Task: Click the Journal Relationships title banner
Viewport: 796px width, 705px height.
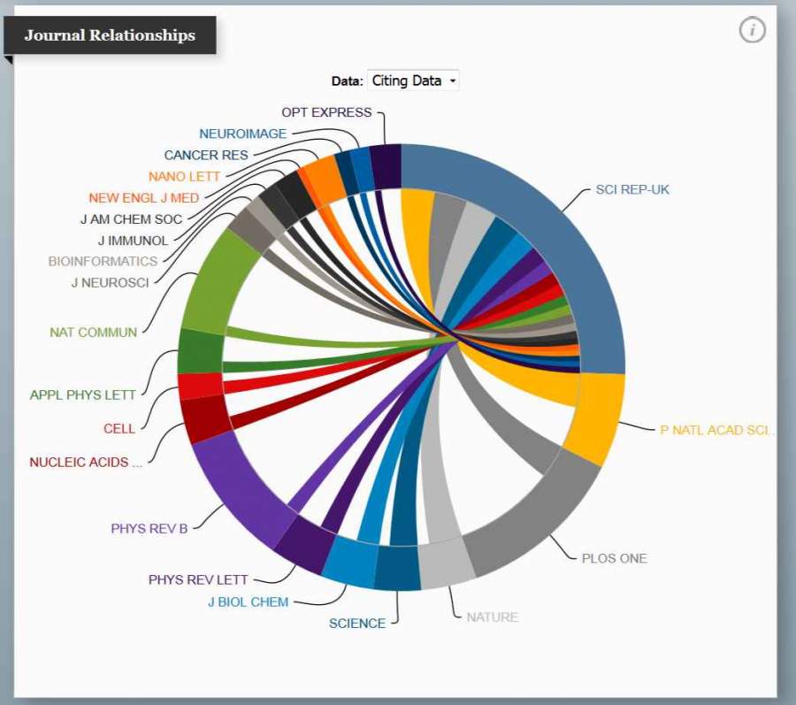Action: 110,35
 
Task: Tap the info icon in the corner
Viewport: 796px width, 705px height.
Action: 752,30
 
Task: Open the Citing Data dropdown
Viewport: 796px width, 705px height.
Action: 413,80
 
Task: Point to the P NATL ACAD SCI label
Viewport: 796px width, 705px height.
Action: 716,430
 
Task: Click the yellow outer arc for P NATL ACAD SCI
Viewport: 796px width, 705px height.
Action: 595,418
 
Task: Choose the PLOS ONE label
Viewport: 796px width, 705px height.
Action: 614,558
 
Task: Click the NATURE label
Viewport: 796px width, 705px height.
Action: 492,617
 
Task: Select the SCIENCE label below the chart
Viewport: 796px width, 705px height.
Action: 357,623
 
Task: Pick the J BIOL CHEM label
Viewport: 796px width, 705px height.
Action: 248,602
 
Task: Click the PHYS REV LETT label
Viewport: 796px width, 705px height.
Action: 198,580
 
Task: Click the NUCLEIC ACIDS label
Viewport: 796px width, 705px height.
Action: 85,462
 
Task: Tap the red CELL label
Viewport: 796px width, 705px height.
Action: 119,428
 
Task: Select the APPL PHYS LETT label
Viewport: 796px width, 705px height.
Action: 83,395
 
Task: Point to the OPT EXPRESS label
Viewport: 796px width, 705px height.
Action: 327,112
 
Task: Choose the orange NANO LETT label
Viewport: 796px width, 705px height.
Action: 184,176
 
